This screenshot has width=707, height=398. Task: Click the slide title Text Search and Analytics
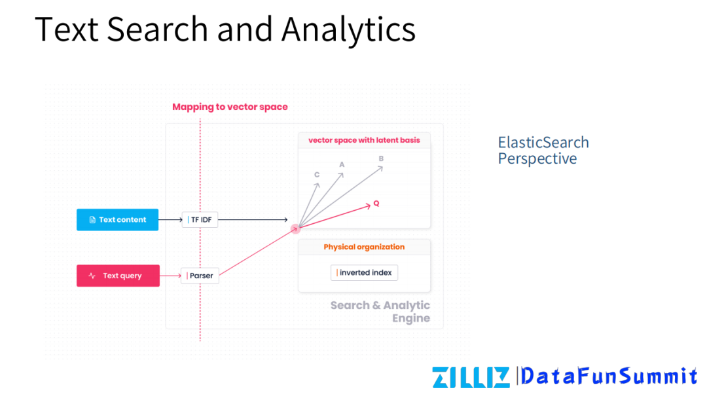coord(225,29)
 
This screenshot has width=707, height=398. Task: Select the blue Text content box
coord(117,220)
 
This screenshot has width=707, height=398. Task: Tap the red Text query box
coord(118,276)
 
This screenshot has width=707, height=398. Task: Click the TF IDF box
coord(200,220)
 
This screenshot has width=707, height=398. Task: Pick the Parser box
coord(200,276)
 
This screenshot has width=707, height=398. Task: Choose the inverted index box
coord(364,272)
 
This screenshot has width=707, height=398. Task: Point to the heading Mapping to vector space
coord(230,107)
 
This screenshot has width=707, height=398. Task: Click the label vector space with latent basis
coord(364,140)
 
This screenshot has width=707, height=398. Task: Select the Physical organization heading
coord(364,247)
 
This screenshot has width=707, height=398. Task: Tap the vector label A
coord(341,164)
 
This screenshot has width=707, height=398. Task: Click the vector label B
coord(381,158)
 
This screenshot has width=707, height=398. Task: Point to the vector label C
coord(317,175)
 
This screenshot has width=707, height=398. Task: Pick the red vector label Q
coord(376,204)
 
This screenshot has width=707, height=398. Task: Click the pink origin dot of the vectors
coord(295,228)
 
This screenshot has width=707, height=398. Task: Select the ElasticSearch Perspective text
coord(543,151)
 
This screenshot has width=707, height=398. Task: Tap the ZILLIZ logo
coord(470,377)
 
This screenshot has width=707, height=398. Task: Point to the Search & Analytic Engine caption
coord(380,312)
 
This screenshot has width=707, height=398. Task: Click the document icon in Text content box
coord(92,220)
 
